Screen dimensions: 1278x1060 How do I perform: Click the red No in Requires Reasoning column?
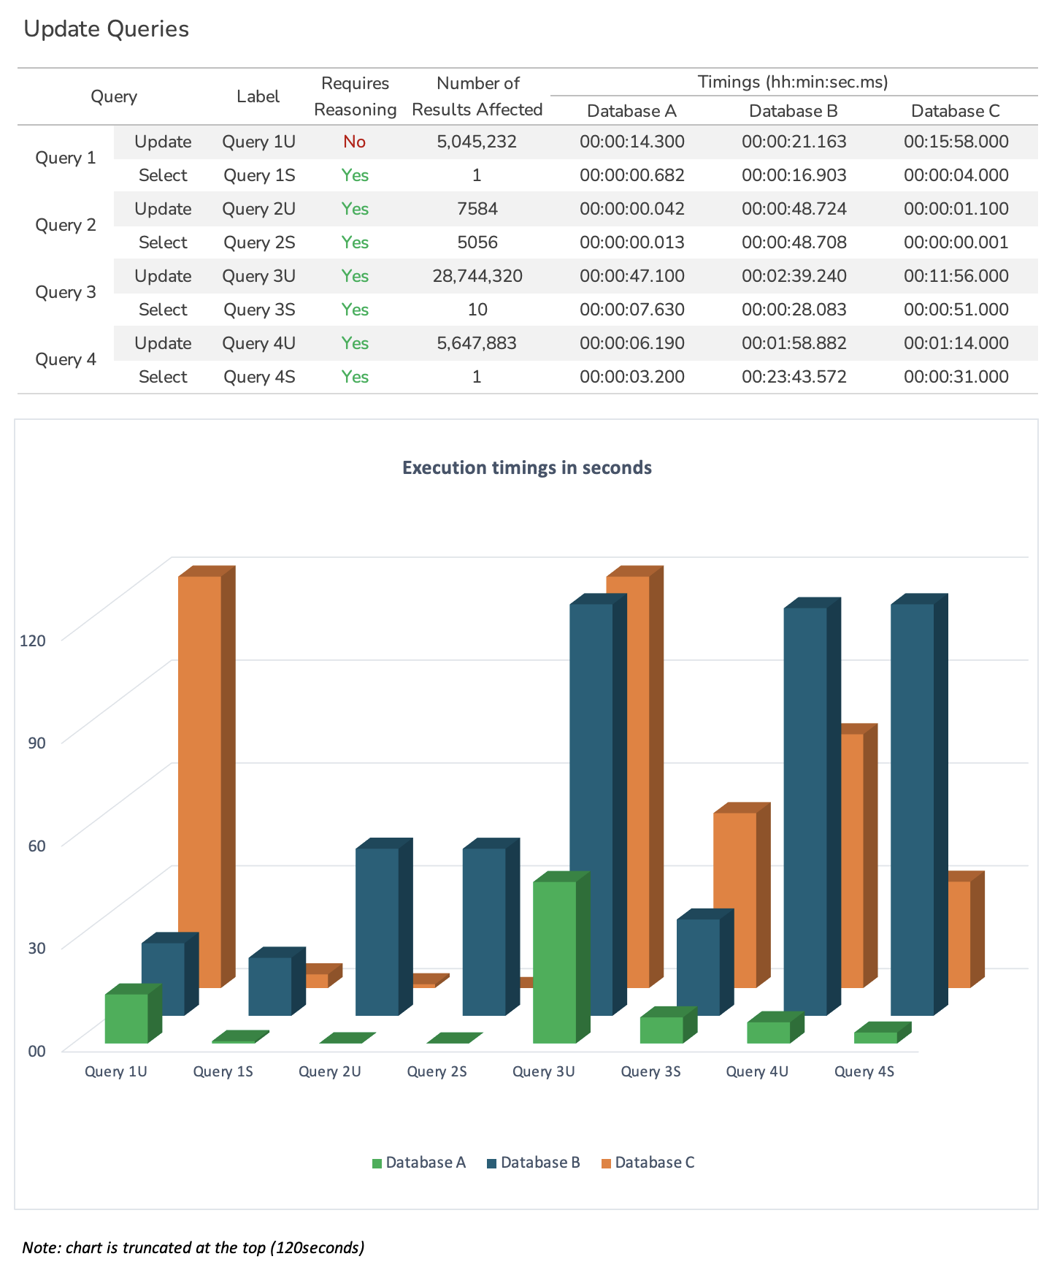coord(354,142)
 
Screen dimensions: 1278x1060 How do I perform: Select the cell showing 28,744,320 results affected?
coord(477,276)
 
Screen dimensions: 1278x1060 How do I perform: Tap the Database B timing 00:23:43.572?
coord(794,377)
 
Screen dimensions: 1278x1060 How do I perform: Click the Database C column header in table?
coord(955,111)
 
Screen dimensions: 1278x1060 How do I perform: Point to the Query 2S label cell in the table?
coord(259,242)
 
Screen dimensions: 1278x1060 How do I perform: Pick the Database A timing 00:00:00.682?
coord(631,175)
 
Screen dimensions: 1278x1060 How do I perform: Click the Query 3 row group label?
coord(66,292)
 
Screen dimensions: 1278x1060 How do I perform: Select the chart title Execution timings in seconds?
coord(526,467)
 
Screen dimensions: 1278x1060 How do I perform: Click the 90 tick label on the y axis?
coord(37,743)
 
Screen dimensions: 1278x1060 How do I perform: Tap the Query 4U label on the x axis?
coord(757,1071)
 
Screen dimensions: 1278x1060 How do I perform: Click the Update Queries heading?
coord(107,29)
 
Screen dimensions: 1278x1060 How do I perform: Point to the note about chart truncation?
coord(193,1247)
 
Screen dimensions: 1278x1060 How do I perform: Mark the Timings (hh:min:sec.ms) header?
coord(793,82)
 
